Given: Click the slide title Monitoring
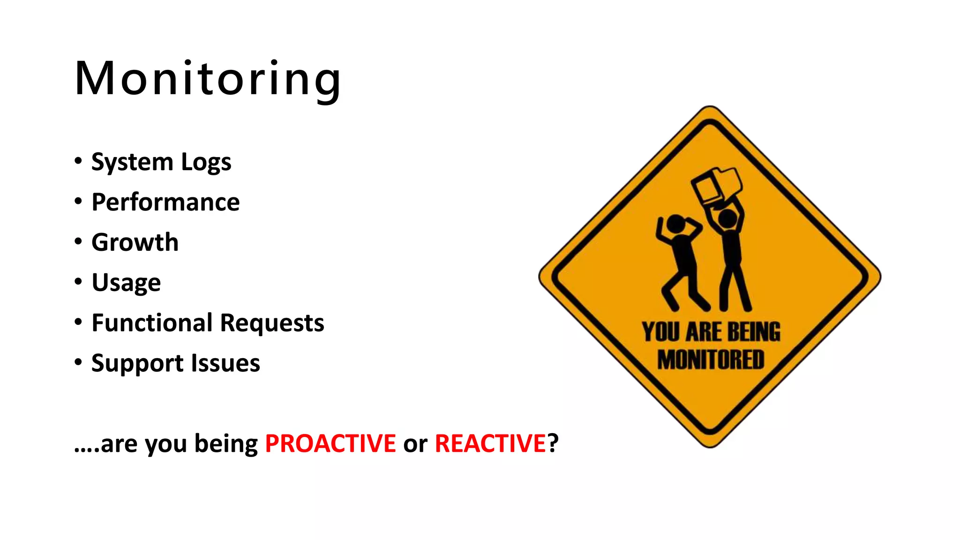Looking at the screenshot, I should point(208,79).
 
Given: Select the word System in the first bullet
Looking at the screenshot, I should point(132,162).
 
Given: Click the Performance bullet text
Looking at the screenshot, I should point(165,202).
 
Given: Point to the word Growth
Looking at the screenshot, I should point(135,242).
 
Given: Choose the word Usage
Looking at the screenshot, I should point(126,283).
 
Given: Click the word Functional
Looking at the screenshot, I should point(152,323).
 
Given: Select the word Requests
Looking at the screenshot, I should point(272,323).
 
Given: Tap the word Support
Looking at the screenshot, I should point(138,364).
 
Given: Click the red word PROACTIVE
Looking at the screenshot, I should point(330,443).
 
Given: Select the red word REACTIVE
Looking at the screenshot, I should point(490,443).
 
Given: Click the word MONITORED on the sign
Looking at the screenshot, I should point(711,360).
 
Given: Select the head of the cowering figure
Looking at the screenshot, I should point(676,224).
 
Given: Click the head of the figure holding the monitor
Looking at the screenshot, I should point(727,218).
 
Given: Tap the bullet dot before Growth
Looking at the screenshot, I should point(78,242).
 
